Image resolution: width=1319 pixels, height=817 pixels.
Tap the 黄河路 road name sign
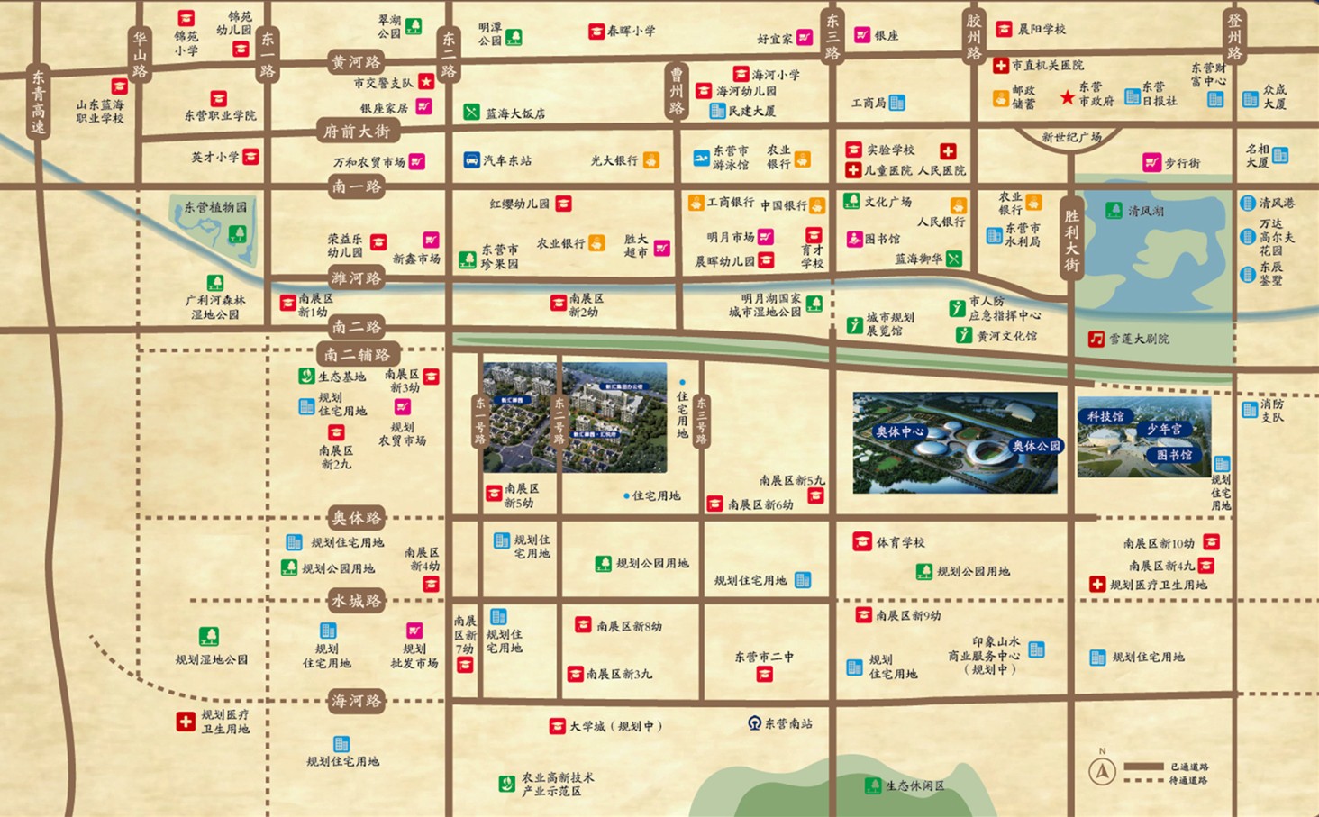357,62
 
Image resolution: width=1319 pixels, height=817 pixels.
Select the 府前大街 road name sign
357,132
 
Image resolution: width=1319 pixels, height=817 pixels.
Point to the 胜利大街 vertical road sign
1071,240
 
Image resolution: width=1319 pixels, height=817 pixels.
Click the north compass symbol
1102,771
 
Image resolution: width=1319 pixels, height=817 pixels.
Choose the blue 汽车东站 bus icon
471,160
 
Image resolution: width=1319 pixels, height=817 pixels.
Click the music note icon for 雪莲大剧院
1096,340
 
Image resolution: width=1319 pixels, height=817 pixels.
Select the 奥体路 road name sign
357,518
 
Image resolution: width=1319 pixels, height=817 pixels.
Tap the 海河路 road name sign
357,701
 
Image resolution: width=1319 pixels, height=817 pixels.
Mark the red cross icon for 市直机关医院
1000,66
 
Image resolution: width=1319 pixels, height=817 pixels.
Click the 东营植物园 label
215,207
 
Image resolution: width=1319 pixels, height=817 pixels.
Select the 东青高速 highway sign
38,101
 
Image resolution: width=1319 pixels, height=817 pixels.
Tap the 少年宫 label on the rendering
1164,430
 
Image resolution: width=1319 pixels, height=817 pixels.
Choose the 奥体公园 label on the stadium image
1036,446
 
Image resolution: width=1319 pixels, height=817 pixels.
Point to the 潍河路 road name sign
357,278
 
